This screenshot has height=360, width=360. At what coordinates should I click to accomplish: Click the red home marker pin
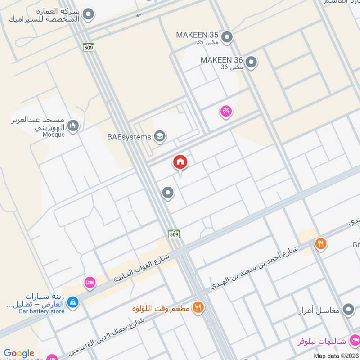point(180,162)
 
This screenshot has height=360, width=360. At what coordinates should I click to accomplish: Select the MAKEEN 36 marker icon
point(251,63)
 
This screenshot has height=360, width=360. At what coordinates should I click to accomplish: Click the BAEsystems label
point(129,137)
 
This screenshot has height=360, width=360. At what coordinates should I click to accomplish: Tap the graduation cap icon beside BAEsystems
point(159,135)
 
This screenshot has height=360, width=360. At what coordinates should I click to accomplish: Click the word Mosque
point(54,135)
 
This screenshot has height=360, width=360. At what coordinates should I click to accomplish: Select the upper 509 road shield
point(88,46)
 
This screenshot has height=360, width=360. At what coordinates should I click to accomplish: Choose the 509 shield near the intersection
point(175,234)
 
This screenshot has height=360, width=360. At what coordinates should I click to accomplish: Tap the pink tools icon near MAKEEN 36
point(226,111)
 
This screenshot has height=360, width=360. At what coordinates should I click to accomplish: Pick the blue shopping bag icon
point(73,302)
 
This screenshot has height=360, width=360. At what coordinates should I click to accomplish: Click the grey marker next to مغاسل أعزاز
point(347,310)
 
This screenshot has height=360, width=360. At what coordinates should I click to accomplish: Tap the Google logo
point(19,354)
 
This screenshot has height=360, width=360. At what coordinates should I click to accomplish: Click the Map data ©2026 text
point(336,356)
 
